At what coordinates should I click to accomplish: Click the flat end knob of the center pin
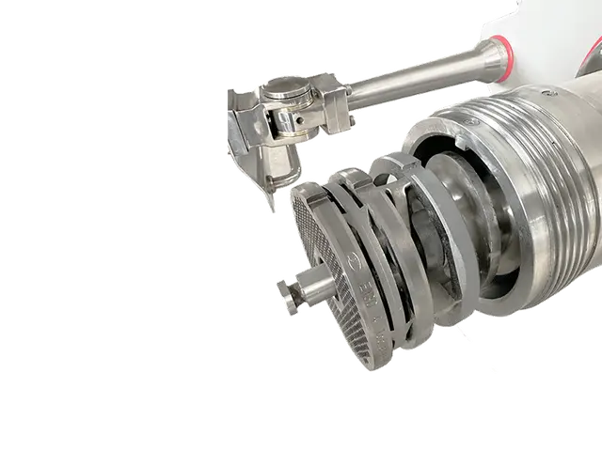tap(285, 299)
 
